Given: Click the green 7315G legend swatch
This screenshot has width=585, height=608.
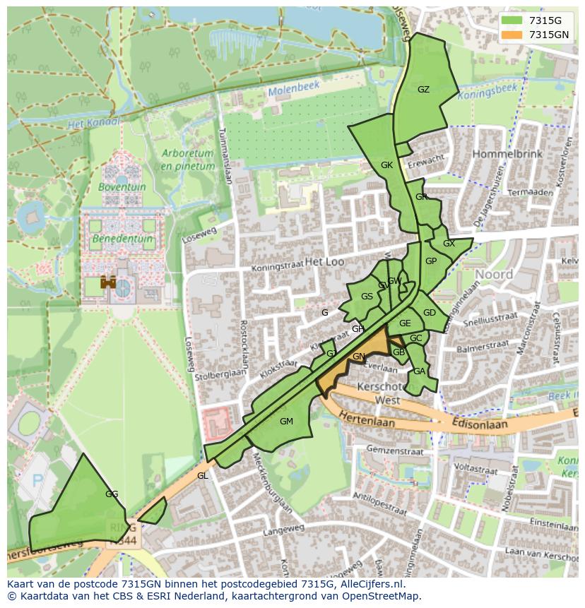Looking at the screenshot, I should [513, 20].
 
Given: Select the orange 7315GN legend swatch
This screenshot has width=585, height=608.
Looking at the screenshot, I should [513, 35].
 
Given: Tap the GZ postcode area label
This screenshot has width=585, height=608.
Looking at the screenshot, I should [423, 90].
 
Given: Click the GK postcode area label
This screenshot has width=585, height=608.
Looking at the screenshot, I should [386, 165].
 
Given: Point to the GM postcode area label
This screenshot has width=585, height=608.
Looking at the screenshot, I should [286, 422].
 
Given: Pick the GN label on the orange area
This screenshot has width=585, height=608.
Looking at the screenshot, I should [359, 357].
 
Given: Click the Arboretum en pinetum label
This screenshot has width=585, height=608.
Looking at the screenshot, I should [187, 160].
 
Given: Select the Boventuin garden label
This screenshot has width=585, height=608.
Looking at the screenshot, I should [122, 188].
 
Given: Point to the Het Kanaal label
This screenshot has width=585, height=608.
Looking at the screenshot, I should [94, 124].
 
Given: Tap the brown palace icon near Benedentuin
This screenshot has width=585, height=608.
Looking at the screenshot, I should [108, 282].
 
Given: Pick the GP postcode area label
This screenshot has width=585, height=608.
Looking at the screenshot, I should [431, 261].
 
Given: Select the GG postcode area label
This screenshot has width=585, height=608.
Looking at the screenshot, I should [111, 494].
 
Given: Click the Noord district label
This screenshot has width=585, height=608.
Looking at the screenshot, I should [494, 274].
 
